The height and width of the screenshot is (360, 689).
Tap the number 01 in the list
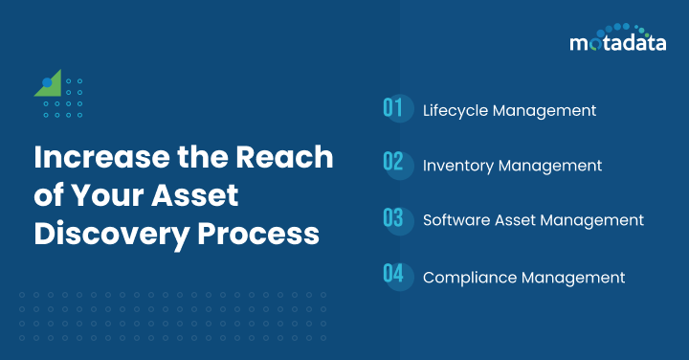pyautogui.click(x=392, y=108)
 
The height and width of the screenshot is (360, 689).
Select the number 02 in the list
pyautogui.click(x=393, y=164)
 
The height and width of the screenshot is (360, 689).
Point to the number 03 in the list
pyautogui.click(x=393, y=219)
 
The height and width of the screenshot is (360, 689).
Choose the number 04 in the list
pyautogui.click(x=393, y=276)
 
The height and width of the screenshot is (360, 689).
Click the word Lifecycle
pyautogui.click(x=456, y=110)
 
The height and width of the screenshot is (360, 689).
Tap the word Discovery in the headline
pyautogui.click(x=103, y=233)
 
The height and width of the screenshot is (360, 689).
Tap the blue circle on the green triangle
pyautogui.click(x=47, y=83)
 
